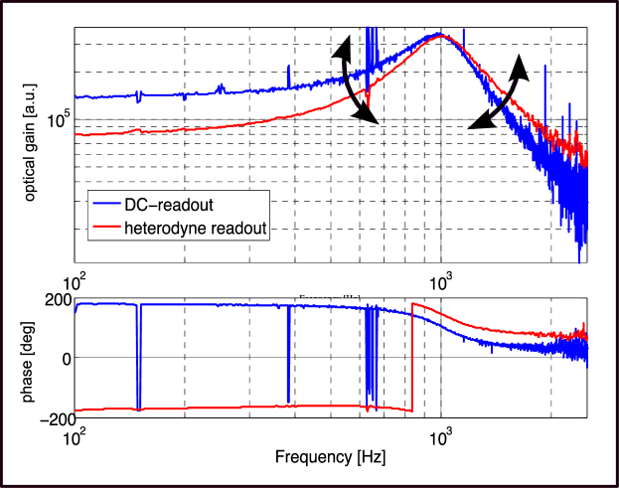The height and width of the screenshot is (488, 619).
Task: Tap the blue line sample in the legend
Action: [x=104, y=205]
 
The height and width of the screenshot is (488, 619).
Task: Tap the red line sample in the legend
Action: [x=104, y=228]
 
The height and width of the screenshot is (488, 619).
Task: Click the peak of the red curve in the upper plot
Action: [x=442, y=37]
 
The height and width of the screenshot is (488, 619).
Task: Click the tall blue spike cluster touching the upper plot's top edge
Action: [x=372, y=45]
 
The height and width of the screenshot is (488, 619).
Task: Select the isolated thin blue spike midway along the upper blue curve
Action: [x=287, y=74]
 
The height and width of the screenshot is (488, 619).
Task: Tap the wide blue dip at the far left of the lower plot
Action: [x=139, y=358]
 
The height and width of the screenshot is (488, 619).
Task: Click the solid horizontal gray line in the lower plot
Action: [x=248, y=357]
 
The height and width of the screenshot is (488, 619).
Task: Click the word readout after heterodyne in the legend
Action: [x=234, y=228]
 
